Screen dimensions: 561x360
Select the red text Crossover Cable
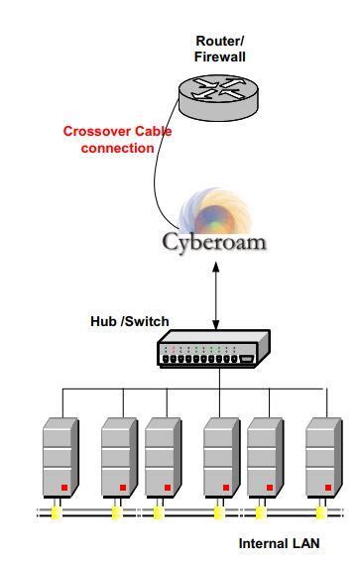pyautogui.click(x=109, y=131)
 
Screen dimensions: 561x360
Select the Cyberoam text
pyautogui.click(x=215, y=242)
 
